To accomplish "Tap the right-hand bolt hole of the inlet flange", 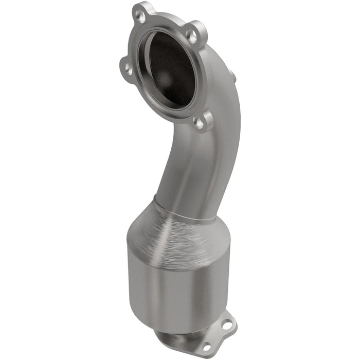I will [191, 35].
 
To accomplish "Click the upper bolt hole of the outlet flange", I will [227, 325].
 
